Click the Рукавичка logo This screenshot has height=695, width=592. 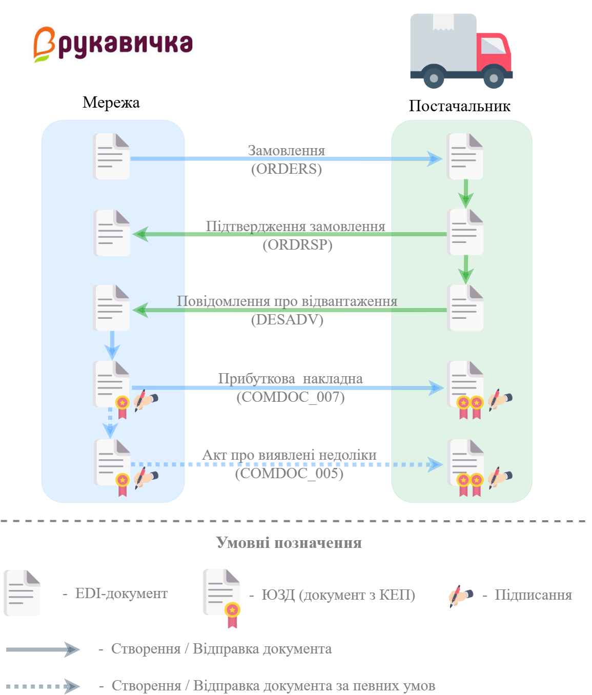click(113, 44)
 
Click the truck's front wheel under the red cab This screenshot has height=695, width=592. click(493, 78)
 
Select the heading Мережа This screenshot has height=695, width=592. click(111, 103)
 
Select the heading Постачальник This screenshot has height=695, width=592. click(459, 106)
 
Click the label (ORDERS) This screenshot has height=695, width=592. click(286, 169)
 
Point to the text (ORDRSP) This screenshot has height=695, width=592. click(297, 245)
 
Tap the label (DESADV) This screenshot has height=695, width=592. click(287, 320)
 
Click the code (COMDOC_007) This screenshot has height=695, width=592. click(290, 397)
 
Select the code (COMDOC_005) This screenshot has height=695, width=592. click(289, 473)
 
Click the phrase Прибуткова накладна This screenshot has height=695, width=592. click(290, 379)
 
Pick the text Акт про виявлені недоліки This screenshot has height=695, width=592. click(289, 455)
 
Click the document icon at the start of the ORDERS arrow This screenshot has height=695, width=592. click(111, 156)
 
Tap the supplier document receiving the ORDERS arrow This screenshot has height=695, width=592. click(465, 156)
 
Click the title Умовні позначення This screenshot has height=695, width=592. click(289, 543)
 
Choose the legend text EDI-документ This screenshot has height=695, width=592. click(121, 594)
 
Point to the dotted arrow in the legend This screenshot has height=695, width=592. click(43, 686)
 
